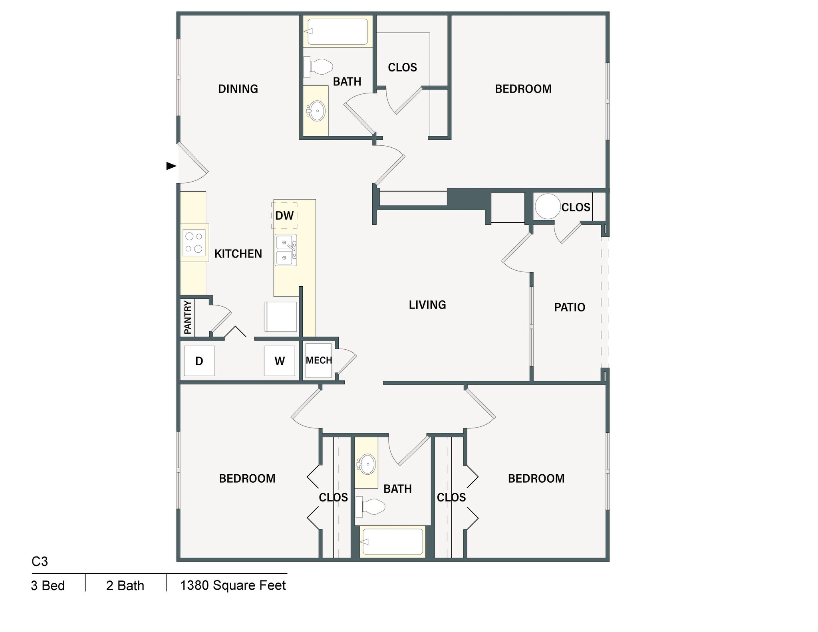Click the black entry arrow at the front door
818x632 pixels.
pos(171,166)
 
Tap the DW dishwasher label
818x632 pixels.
pos(284,216)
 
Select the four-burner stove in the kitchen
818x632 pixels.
pos(194,243)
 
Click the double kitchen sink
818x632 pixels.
pos(286,250)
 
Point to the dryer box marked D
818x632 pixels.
pos(199,361)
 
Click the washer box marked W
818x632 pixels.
pos(280,361)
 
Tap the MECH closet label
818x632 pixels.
pos(319,361)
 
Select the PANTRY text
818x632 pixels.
pos(188,317)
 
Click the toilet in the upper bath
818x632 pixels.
pos(319,67)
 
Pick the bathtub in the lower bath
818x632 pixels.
pos(392,542)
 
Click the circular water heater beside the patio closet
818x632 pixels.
pos(547,206)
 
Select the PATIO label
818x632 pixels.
pos(570,307)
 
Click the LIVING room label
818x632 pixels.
pos(427,305)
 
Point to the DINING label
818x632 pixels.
pos(238,89)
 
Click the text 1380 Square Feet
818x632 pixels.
pos(233,585)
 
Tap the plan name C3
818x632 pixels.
pos(40,561)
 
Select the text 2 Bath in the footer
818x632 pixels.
pos(125,586)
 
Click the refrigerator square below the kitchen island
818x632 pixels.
pos(281,317)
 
